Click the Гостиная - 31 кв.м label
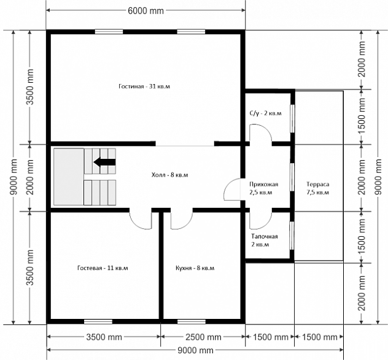coord(144,86)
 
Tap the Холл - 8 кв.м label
coord(169,175)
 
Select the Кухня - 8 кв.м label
coord(195,268)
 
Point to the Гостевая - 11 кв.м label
coord(103,268)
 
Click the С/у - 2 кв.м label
coord(265,113)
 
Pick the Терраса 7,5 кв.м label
coord(318,188)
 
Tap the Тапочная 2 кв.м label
coord(264,240)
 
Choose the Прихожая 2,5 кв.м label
coord(264,188)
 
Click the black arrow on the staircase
coord(104,162)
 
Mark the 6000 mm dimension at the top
coord(145,11)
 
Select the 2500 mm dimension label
coord(203,337)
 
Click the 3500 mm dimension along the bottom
coord(104,337)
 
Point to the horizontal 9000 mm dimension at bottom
coord(195,350)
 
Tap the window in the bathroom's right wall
coord(292,119)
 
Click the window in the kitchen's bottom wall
coord(192,322)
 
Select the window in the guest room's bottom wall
coord(98,322)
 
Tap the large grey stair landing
coord(69,177)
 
